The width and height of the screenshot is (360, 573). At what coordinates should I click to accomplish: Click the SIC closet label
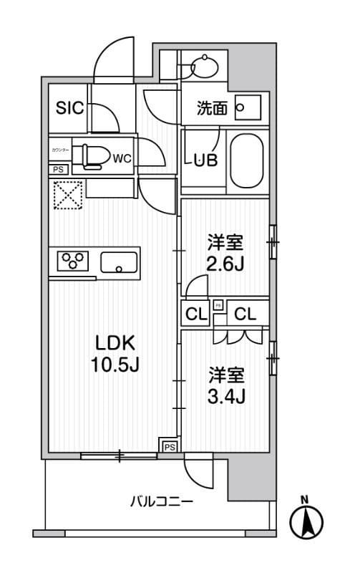coord(70,108)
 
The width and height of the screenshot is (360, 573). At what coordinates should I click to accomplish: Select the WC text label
coord(122,158)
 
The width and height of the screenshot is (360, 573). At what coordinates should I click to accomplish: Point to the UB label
coord(208,160)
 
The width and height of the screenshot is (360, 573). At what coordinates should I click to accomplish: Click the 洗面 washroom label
coord(212,109)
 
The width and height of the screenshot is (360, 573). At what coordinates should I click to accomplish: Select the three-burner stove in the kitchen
coord(72,261)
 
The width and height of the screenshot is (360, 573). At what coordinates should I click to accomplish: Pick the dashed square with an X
coord(69,194)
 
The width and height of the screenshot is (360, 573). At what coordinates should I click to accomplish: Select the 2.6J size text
coord(226,264)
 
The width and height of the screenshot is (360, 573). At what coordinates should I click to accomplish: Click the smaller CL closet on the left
coord(194,313)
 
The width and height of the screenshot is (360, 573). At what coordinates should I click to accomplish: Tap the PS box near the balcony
coord(169,446)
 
